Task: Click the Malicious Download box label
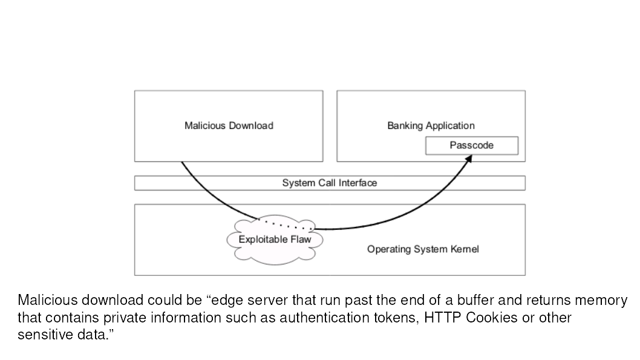tap(229, 126)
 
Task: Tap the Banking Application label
tap(431, 126)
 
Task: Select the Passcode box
tap(471, 145)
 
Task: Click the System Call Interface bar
tap(329, 183)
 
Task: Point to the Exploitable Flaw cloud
tap(274, 240)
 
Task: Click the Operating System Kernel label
tap(422, 249)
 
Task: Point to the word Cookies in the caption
tap(491, 318)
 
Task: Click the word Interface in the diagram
tap(358, 183)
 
